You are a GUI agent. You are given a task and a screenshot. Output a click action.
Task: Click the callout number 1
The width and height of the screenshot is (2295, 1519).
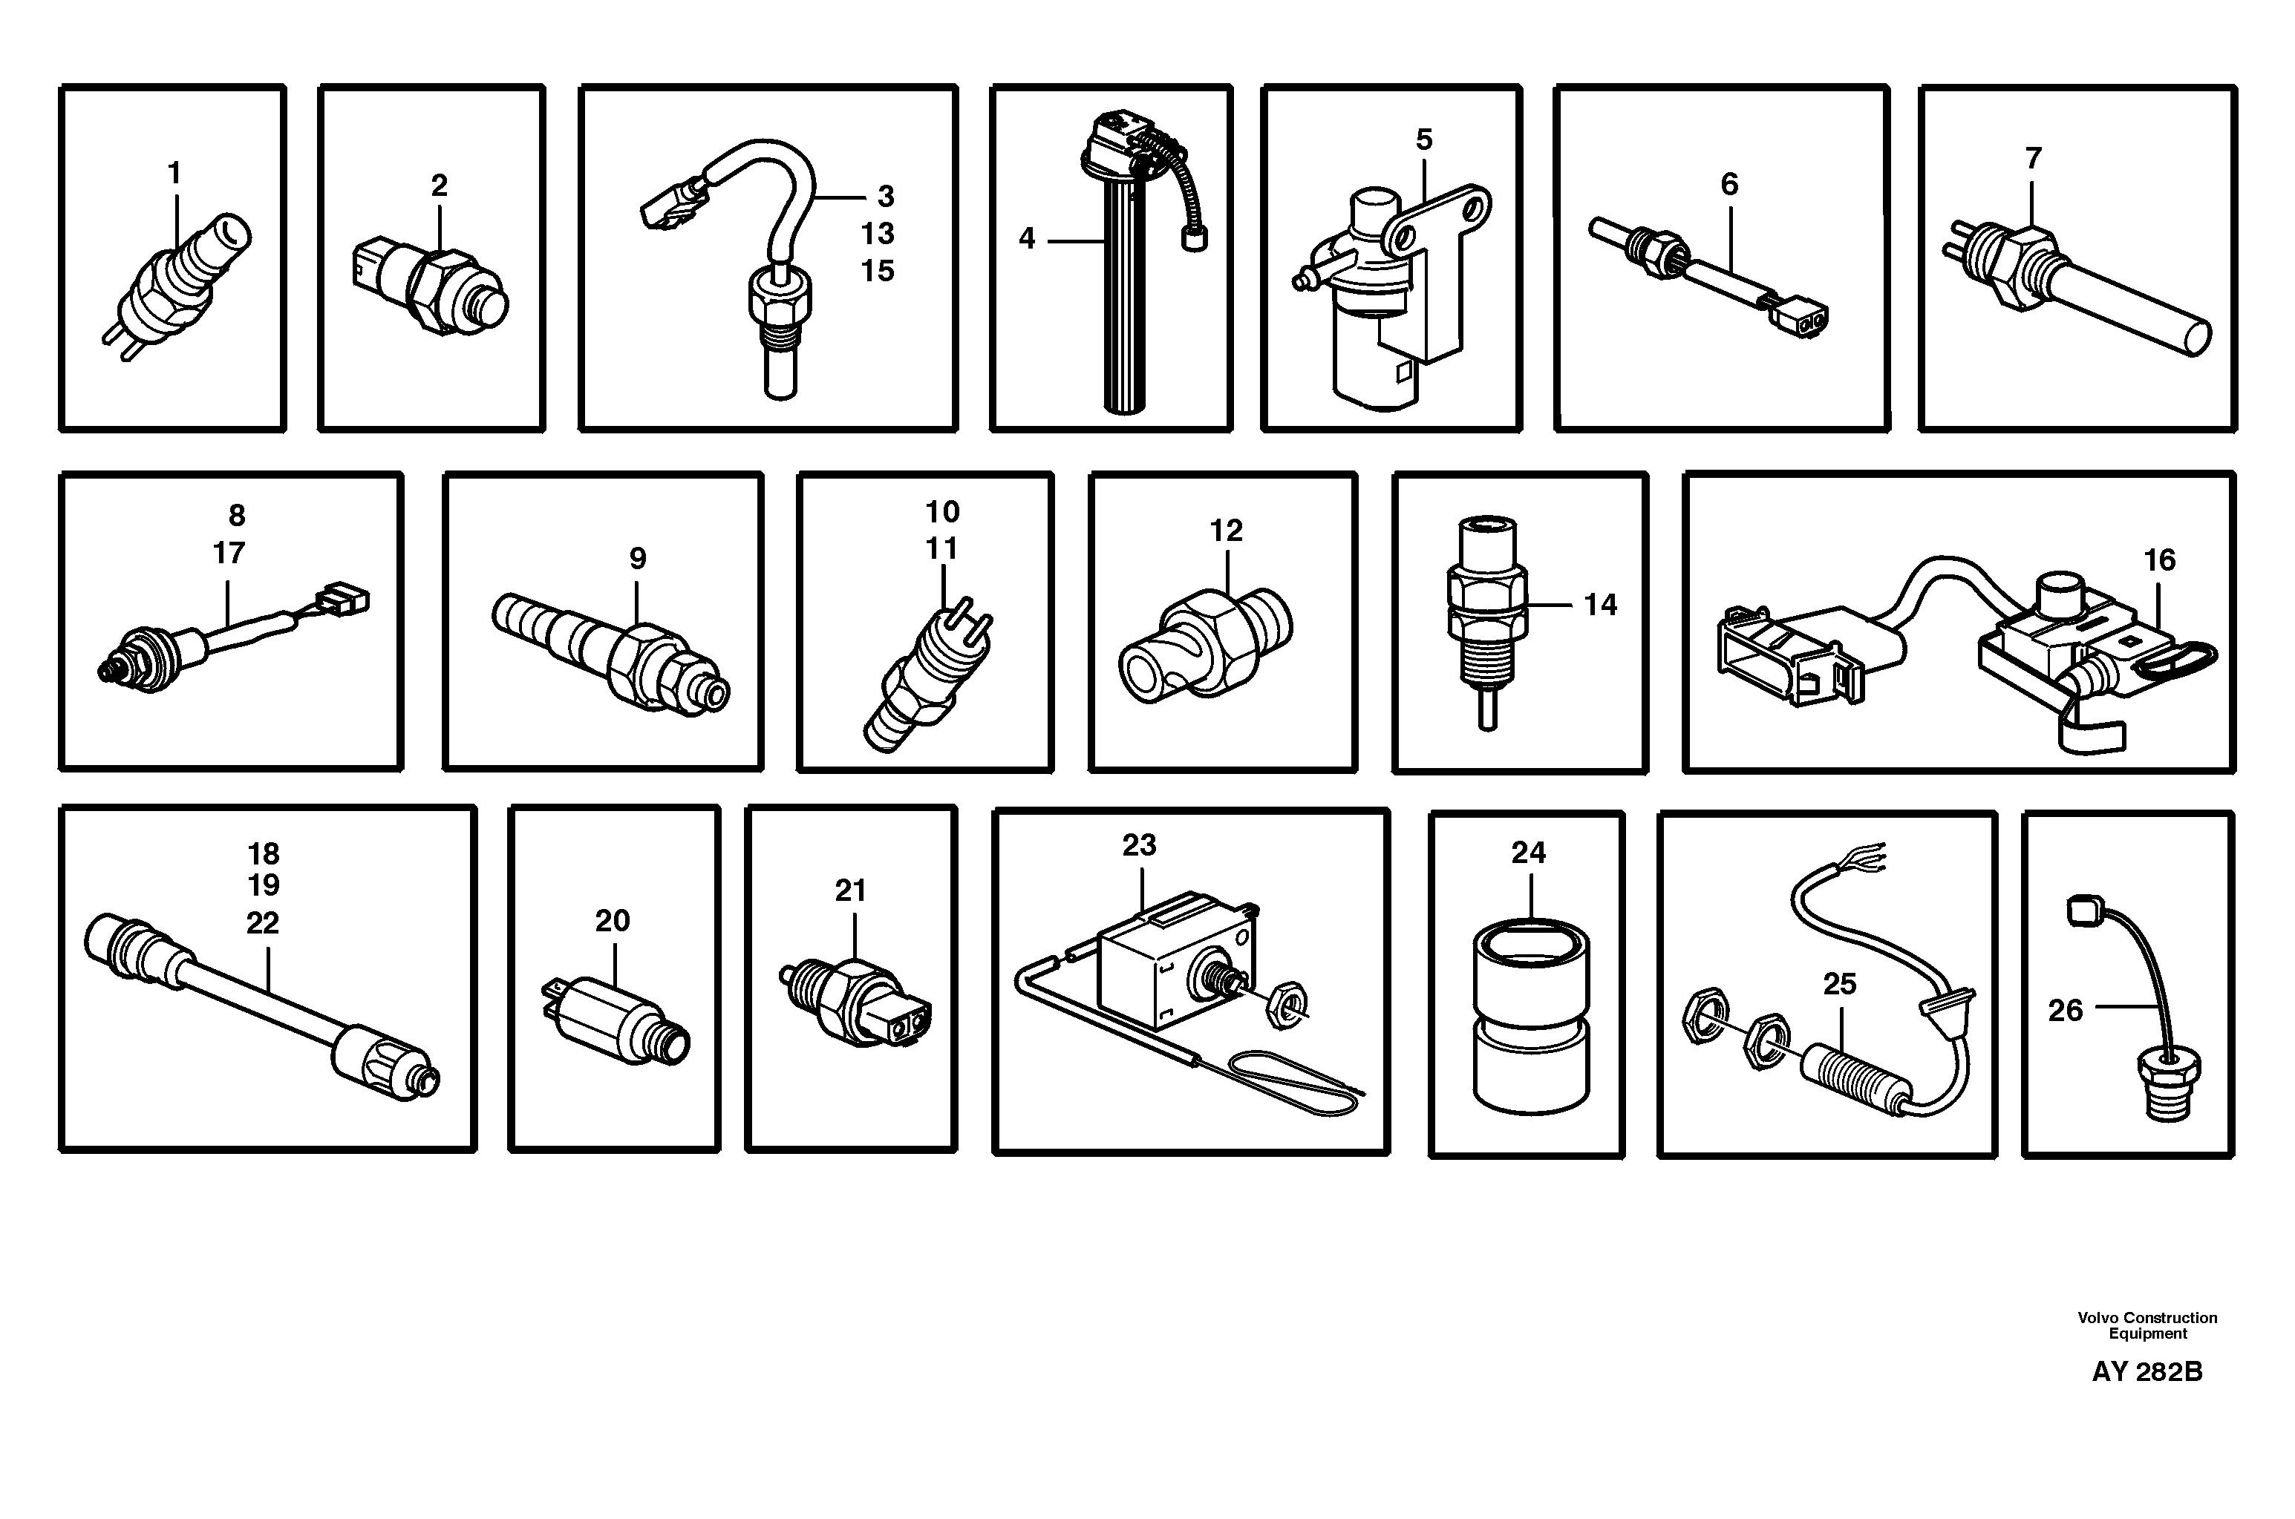coord(174,174)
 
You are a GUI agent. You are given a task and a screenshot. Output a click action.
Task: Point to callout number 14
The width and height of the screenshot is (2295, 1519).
coord(1600,605)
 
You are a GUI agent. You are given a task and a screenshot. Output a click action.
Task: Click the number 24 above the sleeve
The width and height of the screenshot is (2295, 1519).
coord(1528,853)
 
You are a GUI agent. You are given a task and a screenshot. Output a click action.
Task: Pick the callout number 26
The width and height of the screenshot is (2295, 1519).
coord(2066,1011)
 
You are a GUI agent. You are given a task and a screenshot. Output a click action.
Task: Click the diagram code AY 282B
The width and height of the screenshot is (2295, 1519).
coord(2147,1372)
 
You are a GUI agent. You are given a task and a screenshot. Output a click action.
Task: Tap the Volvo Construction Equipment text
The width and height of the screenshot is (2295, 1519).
coord(2147,1325)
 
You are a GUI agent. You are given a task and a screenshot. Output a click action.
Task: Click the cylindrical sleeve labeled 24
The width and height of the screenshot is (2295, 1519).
coord(1530,1017)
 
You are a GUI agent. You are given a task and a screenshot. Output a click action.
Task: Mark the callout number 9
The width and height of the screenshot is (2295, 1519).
coord(637,558)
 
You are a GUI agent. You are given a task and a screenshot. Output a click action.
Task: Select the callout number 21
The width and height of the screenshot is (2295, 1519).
coord(850,890)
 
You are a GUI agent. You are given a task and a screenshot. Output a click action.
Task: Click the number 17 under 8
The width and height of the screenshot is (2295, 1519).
coord(229,553)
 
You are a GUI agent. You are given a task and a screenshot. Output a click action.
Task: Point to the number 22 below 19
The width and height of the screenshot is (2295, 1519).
coord(263,922)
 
